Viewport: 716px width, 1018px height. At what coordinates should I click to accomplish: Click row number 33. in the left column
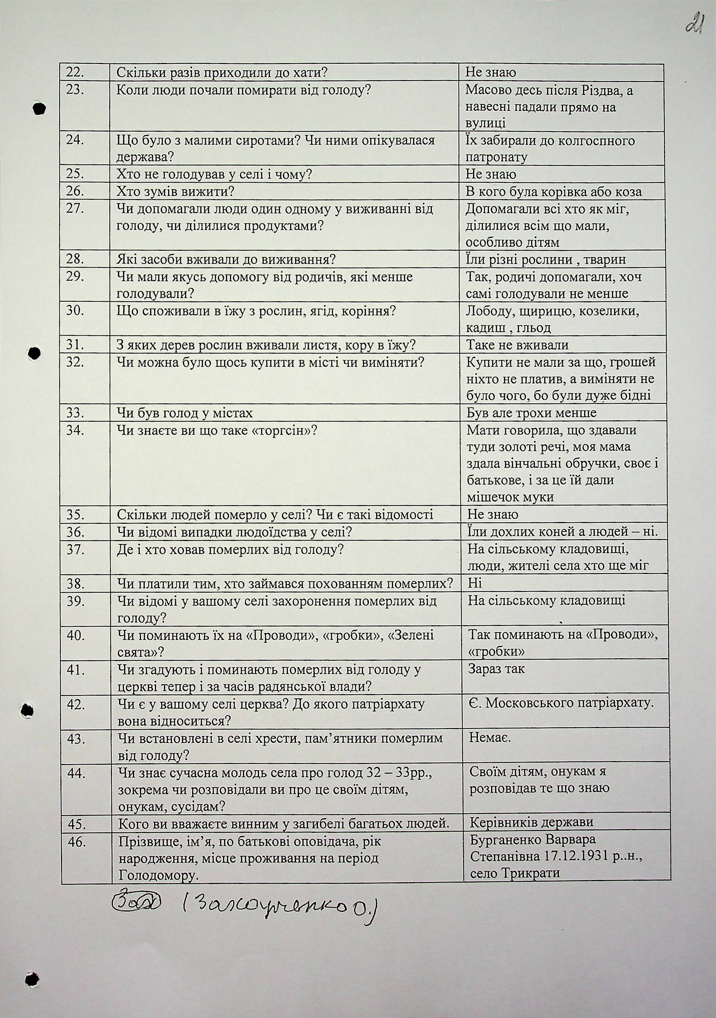pos(76,413)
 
